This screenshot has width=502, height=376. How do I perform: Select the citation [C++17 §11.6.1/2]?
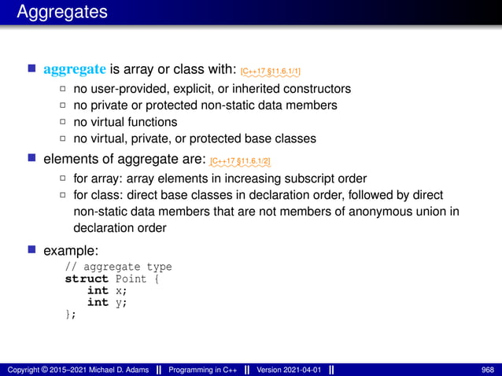[x=240, y=162]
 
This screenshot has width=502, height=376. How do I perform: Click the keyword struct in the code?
[x=87, y=278]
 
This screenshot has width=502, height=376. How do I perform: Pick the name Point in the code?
[x=131, y=278]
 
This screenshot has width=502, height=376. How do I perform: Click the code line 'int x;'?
[x=106, y=290]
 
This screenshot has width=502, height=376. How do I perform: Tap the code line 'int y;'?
[x=106, y=302]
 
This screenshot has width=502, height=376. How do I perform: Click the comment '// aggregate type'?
[x=118, y=267]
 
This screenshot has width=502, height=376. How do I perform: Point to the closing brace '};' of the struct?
[x=71, y=314]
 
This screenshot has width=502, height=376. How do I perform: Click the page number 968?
[x=487, y=369]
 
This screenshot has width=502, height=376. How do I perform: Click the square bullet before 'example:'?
[x=32, y=249]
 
